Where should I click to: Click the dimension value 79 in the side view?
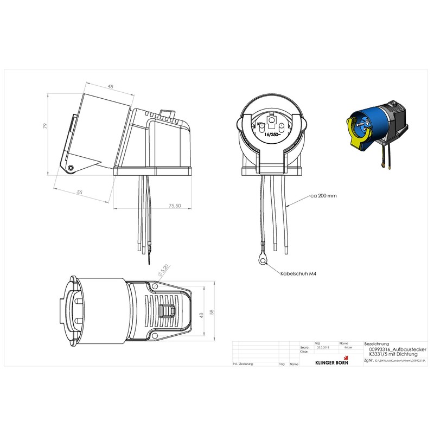(x=46, y=126)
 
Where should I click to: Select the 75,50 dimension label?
(x=175, y=206)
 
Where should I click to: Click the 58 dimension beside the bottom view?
(x=212, y=312)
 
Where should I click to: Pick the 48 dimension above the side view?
(x=110, y=87)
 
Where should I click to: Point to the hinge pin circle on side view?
(x=71, y=168)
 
